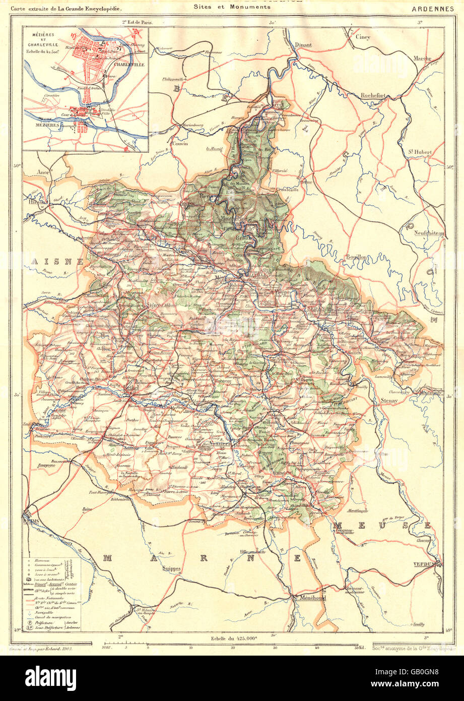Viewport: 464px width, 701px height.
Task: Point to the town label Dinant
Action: click(x=303, y=44)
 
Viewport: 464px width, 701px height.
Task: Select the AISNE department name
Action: click(x=50, y=261)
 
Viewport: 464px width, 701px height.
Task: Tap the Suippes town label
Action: click(x=172, y=567)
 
